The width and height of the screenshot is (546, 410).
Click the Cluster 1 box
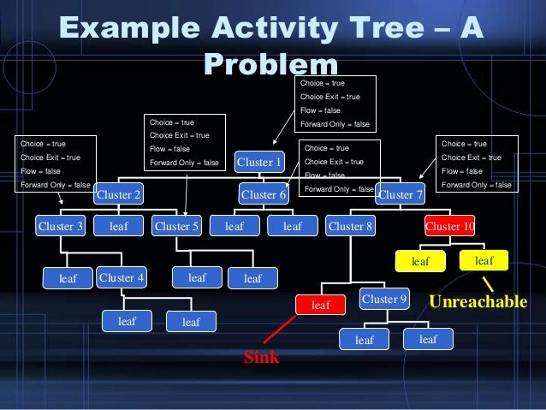point(258,163)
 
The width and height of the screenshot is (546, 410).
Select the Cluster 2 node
point(119,195)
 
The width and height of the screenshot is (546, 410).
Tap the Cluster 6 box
point(264,195)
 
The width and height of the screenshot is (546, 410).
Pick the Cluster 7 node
point(401,195)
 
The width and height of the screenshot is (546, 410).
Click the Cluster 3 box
point(60,227)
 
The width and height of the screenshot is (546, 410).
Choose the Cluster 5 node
point(176,227)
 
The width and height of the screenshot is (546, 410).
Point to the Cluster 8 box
point(350,227)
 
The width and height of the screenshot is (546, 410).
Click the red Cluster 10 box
point(449,227)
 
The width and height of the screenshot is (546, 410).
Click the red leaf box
point(320,304)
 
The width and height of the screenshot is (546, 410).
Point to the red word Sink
point(262,358)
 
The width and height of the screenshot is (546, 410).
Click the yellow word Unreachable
point(478,302)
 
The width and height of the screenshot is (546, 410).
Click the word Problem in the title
point(272,65)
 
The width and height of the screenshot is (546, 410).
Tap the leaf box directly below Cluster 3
point(68,278)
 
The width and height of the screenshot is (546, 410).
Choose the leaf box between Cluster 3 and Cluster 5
point(118,227)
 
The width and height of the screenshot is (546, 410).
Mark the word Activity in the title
point(249,28)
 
